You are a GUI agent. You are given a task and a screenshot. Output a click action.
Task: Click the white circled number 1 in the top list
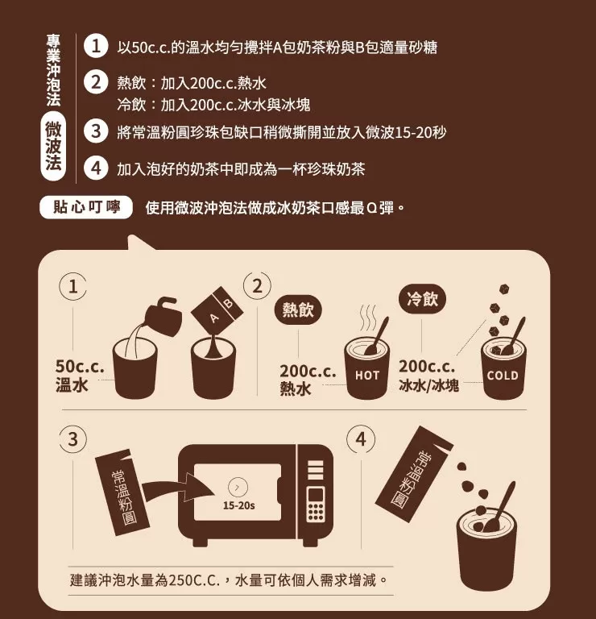[x=96, y=47]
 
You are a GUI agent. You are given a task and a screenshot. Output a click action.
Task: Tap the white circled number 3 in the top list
[x=96, y=131]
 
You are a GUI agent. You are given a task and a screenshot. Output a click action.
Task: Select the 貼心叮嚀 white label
[x=86, y=207]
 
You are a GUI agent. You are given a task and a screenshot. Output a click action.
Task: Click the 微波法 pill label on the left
[x=53, y=147]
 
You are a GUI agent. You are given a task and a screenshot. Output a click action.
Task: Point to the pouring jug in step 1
[x=163, y=316]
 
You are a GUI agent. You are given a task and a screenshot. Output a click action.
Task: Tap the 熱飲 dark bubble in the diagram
[x=298, y=309]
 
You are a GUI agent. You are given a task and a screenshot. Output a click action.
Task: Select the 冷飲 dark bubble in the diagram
[x=423, y=299]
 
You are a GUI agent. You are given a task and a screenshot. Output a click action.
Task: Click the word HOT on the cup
[x=366, y=375]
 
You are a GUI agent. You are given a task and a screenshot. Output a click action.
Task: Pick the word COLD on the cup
[x=503, y=375]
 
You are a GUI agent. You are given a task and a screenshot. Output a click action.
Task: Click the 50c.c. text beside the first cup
[x=80, y=367]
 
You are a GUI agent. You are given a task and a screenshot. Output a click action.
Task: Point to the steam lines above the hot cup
[x=367, y=318]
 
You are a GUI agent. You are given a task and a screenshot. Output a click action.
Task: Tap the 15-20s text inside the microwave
[x=238, y=505]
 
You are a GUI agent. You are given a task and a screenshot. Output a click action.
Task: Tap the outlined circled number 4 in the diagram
[x=361, y=439]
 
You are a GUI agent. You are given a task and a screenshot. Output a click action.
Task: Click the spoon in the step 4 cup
[x=499, y=507]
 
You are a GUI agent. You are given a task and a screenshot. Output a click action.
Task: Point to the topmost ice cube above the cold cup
[x=504, y=289]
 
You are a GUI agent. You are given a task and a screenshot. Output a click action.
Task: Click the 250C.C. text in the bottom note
[x=193, y=580]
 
